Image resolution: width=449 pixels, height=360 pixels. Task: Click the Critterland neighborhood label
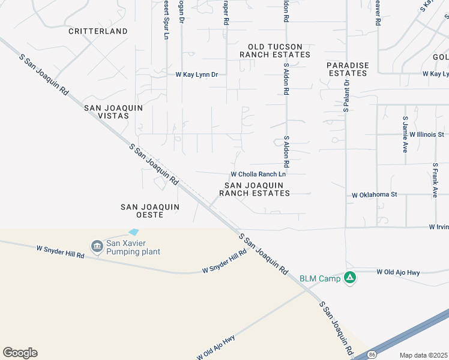pyautogui.click(x=98, y=31)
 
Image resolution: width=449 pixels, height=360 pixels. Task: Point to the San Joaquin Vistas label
pyautogui.click(x=114, y=112)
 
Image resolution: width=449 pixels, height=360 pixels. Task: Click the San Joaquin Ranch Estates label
pyautogui.click(x=255, y=189)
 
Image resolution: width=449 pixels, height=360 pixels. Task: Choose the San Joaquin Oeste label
pyautogui.click(x=150, y=211)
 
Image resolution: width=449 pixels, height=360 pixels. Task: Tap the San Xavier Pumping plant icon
pyautogui.click(x=97, y=246)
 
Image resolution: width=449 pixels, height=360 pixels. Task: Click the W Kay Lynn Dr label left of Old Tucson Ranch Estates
pyautogui.click(x=196, y=75)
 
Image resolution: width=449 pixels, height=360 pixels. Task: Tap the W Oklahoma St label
pyautogui.click(x=375, y=195)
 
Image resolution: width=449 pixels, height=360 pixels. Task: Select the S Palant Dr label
pyautogui.click(x=346, y=98)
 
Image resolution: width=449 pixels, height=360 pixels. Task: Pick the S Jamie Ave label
pyautogui.click(x=406, y=135)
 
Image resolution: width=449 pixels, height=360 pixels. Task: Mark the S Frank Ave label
pyautogui.click(x=435, y=180)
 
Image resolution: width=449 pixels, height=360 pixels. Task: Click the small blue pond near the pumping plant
pyautogui.click(x=133, y=232)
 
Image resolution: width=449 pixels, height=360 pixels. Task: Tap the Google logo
pyautogui.click(x=20, y=353)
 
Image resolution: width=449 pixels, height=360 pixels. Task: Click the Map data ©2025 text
pyautogui.click(x=423, y=355)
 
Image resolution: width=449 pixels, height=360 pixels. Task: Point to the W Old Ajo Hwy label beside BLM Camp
pyautogui.click(x=398, y=272)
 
